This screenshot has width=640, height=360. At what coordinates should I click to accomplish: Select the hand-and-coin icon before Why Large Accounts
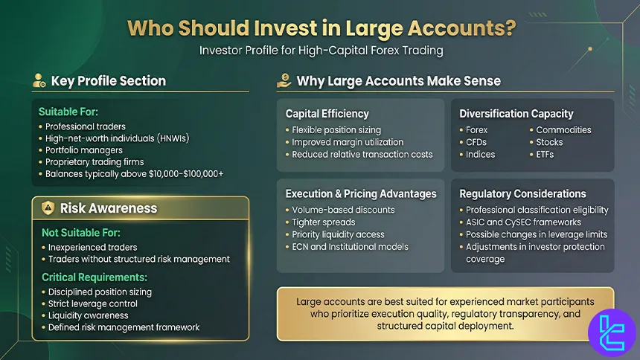pyautogui.click(x=284, y=80)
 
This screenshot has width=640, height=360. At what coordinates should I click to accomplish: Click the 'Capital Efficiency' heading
pyautogui.click(x=327, y=114)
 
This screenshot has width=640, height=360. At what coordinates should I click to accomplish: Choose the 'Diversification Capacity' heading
pyautogui.click(x=516, y=114)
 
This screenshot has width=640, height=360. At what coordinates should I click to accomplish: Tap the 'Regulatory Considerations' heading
pyautogui.click(x=522, y=193)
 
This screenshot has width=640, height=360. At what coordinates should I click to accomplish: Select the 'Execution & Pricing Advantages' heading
pyautogui.click(x=361, y=193)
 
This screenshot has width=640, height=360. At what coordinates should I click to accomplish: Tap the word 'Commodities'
pyautogui.click(x=563, y=129)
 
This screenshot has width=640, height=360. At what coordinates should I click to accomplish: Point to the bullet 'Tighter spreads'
pyautogui.click(x=323, y=222)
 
